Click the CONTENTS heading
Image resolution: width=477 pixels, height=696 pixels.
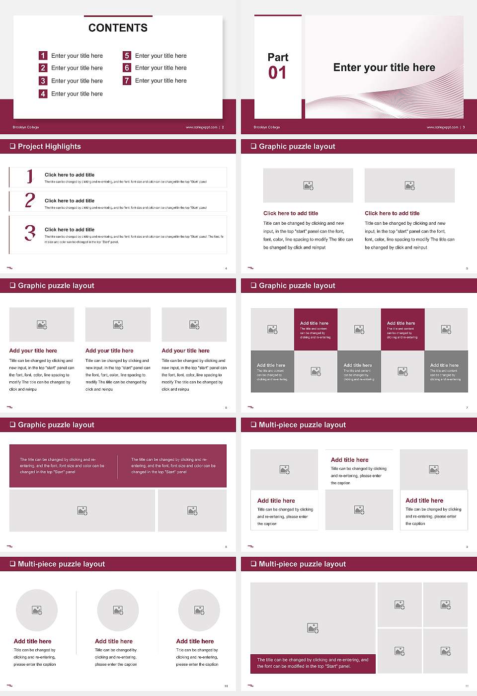[118, 28]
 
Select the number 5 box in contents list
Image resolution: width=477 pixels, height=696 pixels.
[127, 56]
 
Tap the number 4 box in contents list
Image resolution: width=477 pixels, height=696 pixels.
[43, 93]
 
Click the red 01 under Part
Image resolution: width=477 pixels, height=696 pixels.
[277, 73]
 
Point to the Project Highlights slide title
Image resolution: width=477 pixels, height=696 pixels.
[49, 146]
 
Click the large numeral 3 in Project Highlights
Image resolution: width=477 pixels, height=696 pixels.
[30, 233]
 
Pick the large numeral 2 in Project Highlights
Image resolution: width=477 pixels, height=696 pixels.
[30, 200]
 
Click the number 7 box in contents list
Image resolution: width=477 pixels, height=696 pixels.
[127, 81]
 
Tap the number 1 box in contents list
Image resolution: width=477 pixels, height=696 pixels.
[43, 56]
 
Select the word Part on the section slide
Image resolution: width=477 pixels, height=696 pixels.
[278, 57]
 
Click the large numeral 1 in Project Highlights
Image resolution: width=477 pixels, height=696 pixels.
[30, 176]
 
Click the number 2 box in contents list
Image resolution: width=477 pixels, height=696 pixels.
[43, 68]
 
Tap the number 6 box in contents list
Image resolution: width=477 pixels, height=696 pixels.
[127, 68]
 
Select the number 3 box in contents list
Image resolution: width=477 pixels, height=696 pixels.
[43, 81]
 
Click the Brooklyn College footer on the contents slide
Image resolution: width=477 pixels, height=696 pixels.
[26, 127]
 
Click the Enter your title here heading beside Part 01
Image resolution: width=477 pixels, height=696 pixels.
[384, 68]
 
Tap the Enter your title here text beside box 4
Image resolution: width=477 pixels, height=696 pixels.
[77, 93]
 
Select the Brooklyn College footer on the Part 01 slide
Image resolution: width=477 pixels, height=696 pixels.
[267, 127]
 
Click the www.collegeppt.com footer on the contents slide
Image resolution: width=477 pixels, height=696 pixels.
[201, 127]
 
